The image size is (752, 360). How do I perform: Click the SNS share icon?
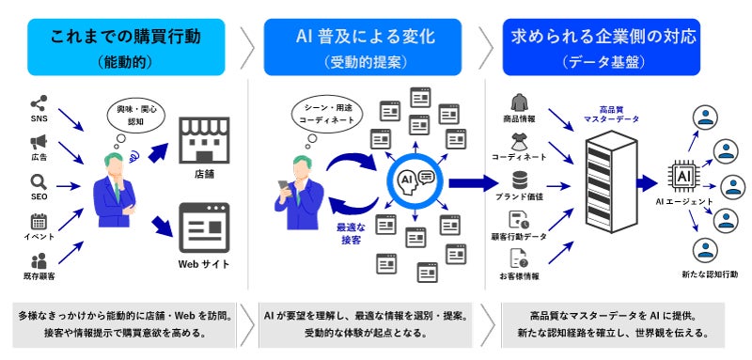[x=39, y=103]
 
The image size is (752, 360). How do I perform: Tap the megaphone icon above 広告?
[x=39, y=141]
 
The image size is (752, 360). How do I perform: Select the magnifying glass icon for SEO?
[x=39, y=182]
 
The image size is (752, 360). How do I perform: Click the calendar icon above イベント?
[x=39, y=222]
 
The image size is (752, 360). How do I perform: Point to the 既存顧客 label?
[x=39, y=276]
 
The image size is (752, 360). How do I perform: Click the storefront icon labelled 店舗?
[x=204, y=140]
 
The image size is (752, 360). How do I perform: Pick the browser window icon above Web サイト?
[x=204, y=227]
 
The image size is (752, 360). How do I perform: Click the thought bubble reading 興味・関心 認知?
[x=135, y=115]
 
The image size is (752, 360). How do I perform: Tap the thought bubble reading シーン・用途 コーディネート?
[x=326, y=115]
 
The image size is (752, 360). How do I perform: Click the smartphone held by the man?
[x=284, y=187]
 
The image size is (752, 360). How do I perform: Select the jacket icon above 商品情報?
[x=520, y=102]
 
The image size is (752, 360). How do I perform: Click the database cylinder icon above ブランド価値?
[x=520, y=180]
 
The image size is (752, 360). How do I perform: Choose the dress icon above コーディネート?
[x=519, y=142]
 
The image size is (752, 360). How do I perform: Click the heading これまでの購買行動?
[x=126, y=37]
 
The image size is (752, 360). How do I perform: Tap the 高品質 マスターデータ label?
[x=612, y=114]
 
